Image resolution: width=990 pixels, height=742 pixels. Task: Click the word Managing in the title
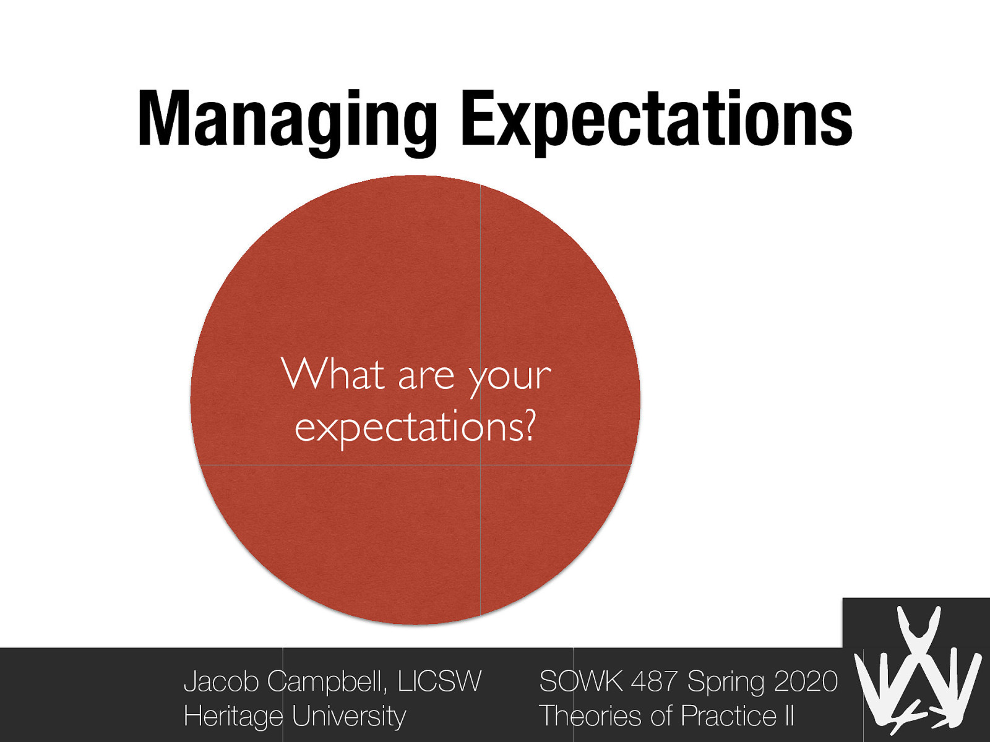coord(288,121)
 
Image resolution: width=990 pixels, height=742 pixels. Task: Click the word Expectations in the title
coord(656,121)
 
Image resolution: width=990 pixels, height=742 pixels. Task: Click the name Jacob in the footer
coord(222,681)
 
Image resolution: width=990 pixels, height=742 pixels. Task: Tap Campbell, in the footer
coord(328,681)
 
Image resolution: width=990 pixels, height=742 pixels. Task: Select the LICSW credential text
coord(439,681)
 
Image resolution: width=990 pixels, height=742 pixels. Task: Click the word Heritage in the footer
coord(233,717)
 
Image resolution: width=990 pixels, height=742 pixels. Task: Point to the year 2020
coord(806,681)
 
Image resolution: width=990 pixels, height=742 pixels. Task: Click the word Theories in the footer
coord(590,716)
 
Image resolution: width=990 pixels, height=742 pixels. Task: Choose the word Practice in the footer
coord(728,716)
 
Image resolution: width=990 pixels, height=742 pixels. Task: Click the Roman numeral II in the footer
coord(789,716)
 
